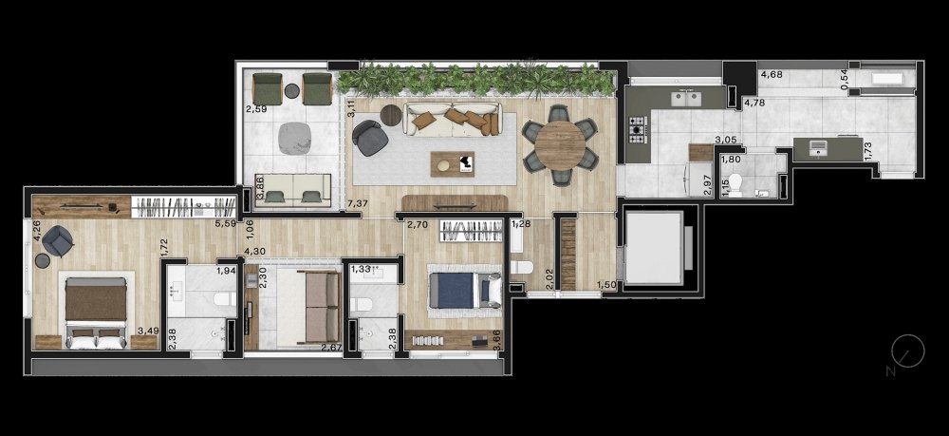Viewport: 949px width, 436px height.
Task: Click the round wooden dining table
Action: (561, 145)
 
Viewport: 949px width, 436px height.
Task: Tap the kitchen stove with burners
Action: (638, 129)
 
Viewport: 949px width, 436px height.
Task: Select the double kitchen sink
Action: (686, 98)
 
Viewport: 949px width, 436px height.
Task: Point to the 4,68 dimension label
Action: (772, 75)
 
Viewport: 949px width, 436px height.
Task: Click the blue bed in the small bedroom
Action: (465, 291)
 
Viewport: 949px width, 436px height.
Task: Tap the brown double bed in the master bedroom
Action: (96, 313)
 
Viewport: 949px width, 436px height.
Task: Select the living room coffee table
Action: (453, 164)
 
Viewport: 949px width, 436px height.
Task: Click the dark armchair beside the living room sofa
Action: (370, 138)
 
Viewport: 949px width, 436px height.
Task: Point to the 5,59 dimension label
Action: (225, 223)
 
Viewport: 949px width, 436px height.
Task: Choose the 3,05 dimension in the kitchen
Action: (726, 140)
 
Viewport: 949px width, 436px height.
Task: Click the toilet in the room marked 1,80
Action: (736, 185)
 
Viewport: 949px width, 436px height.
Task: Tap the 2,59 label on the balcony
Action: (256, 110)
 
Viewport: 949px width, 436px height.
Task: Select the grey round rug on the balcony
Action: (295, 138)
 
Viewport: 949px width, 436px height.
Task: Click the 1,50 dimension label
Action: (607, 285)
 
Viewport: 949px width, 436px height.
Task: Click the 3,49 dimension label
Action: (149, 331)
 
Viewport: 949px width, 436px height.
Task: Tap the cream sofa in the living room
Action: (452, 120)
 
